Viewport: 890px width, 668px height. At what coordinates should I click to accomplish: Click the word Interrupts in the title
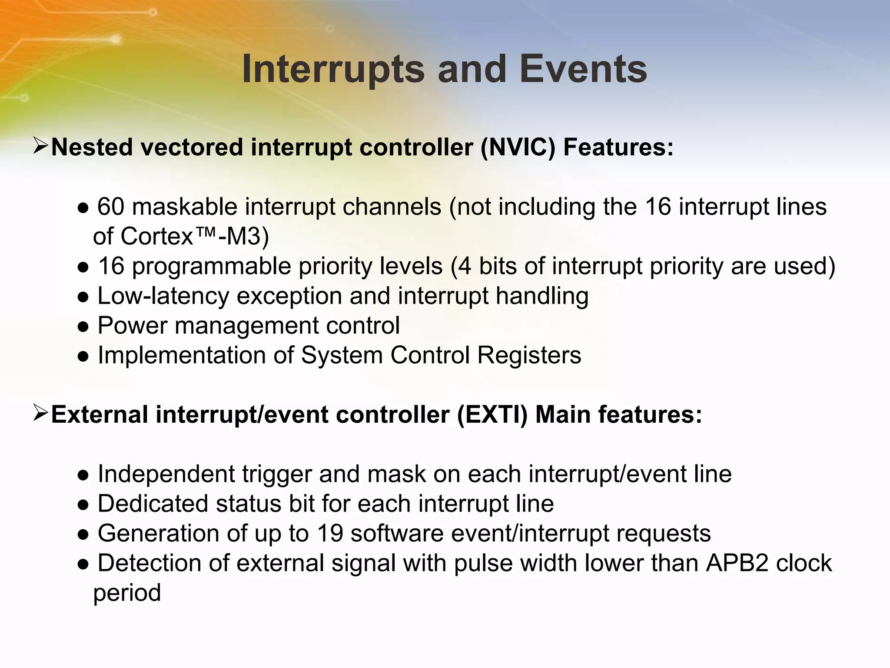[x=333, y=70]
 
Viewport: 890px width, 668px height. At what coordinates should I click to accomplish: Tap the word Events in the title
[x=583, y=70]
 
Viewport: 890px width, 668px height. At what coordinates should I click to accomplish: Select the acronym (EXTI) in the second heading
[x=492, y=414]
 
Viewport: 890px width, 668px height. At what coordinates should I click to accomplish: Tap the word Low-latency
[x=163, y=297]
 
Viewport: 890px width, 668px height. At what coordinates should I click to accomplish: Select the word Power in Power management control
[x=132, y=326]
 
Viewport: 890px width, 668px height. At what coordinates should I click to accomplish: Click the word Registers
[x=529, y=355]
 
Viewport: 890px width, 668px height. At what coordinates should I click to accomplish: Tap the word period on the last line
[x=127, y=593]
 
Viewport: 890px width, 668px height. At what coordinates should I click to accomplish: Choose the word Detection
[x=149, y=563]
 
